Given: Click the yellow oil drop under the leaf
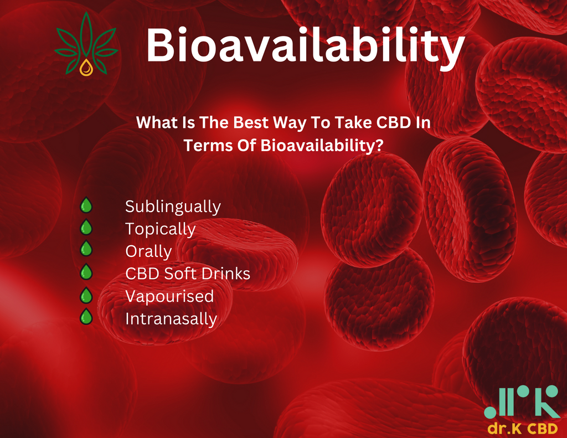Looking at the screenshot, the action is point(86,68).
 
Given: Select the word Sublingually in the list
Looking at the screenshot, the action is point(173,207).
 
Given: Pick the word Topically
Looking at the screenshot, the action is point(160,229).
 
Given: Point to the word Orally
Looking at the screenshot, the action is point(148,251).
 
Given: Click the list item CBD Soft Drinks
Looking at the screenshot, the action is point(188,274).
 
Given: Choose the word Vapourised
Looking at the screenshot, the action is point(169,297).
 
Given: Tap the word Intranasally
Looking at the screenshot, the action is point(171,318).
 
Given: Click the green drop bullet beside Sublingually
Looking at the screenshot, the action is point(86,205).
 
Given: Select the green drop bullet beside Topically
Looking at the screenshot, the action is point(86,227).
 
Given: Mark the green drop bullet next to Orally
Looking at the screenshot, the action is point(86,249).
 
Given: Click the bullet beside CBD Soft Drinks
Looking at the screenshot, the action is point(86,272).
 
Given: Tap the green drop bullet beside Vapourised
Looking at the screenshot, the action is point(86,295).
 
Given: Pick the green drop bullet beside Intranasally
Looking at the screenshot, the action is point(86,317).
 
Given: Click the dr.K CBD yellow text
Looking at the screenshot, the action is point(523,428).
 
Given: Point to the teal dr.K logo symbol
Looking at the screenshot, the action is point(522,402).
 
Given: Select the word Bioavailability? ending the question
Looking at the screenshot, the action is point(322,146).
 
